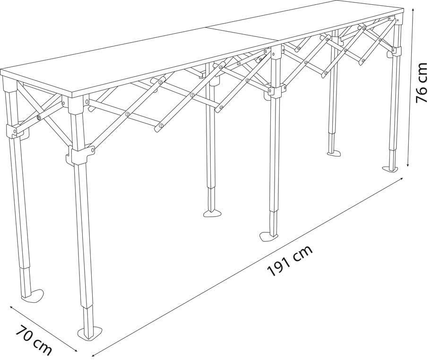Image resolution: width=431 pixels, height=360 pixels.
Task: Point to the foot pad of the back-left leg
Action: pos(32,296)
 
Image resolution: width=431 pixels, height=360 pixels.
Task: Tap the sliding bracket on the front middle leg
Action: pos(276,89)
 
